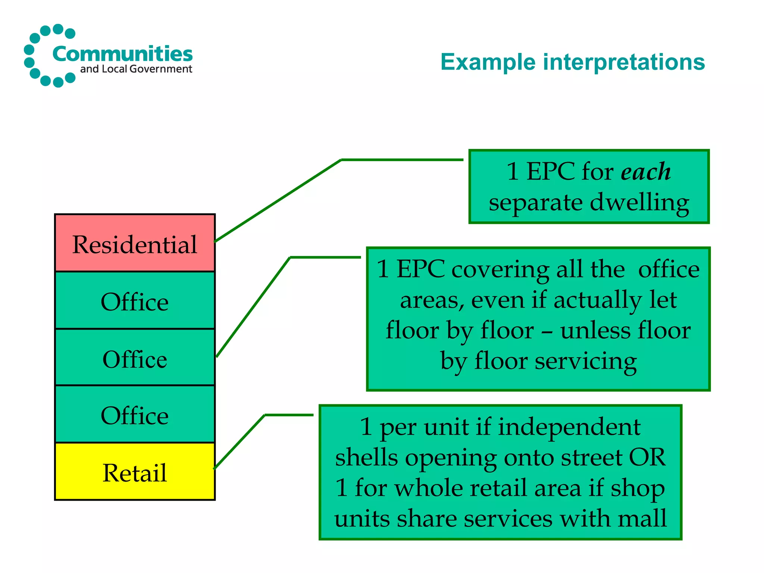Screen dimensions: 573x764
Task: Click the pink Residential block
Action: (135, 243)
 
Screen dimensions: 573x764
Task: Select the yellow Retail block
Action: (135, 472)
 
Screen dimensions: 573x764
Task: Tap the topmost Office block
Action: (135, 301)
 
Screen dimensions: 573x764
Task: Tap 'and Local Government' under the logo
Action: (136, 69)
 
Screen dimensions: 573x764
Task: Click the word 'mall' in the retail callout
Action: (642, 518)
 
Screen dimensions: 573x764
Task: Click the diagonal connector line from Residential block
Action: (278, 201)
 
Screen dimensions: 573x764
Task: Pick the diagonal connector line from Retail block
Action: (239, 442)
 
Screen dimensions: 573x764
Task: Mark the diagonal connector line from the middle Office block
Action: (254, 307)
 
